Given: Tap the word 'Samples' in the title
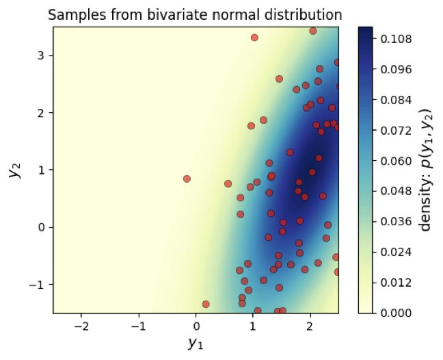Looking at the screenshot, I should [73, 14].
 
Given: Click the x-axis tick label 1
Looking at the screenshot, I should [253, 326].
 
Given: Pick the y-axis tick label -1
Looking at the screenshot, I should [39, 284].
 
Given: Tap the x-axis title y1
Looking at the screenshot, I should [196, 343].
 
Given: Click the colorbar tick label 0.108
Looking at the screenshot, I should [397, 39].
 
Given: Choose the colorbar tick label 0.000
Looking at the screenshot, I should [397, 313].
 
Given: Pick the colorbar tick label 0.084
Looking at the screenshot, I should [397, 100].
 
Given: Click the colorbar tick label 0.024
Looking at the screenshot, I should [397, 252].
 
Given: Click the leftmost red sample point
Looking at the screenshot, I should [187, 179].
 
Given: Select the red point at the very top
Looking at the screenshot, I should [312, 31].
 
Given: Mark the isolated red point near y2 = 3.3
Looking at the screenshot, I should [254, 38].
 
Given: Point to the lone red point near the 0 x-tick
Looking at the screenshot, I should [206, 304].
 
